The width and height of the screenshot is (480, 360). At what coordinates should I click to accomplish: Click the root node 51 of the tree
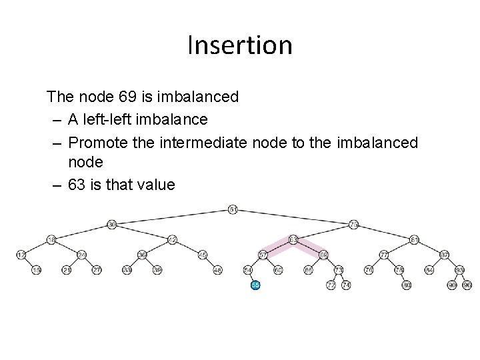233,209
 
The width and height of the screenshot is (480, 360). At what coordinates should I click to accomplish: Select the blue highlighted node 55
255,285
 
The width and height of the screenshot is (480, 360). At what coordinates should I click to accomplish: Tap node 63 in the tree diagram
293,239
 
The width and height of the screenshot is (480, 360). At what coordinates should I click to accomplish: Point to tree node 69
323,255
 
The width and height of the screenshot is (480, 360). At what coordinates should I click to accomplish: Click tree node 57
263,255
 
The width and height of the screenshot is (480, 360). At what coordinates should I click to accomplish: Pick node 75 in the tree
353,225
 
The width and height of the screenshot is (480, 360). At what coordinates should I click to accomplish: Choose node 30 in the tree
112,225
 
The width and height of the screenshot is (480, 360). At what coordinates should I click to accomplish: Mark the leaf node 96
467,285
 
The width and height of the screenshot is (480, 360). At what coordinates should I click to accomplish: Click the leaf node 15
37,270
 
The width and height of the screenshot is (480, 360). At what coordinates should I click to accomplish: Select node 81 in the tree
414,239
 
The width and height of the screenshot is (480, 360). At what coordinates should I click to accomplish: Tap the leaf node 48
218,270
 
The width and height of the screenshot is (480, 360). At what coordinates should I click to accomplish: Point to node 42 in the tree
172,239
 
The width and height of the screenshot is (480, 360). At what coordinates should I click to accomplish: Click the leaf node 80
406,285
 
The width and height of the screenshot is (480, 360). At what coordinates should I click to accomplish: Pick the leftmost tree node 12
21,255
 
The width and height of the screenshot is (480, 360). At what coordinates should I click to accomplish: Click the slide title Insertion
240,45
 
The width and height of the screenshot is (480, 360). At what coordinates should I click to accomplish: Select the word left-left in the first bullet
104,120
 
